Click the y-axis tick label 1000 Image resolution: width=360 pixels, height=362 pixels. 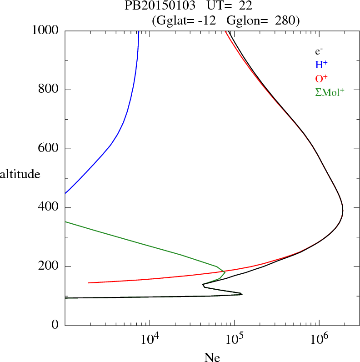click(x=46, y=30)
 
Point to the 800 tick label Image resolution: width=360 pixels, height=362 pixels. click(x=48, y=90)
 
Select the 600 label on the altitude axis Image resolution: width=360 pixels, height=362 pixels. click(x=48, y=149)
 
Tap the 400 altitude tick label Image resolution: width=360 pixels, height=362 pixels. click(x=48, y=208)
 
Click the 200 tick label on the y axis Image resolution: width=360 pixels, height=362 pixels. click(x=48, y=266)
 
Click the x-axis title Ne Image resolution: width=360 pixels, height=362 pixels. click(x=212, y=358)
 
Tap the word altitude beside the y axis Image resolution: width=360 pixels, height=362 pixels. click(x=20, y=174)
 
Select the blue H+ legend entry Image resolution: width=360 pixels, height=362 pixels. click(x=321, y=65)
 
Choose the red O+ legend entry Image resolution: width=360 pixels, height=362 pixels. click(x=321, y=78)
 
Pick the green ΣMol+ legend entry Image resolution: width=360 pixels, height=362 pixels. click(x=330, y=92)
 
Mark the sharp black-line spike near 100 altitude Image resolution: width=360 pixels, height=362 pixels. click(x=241, y=294)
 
